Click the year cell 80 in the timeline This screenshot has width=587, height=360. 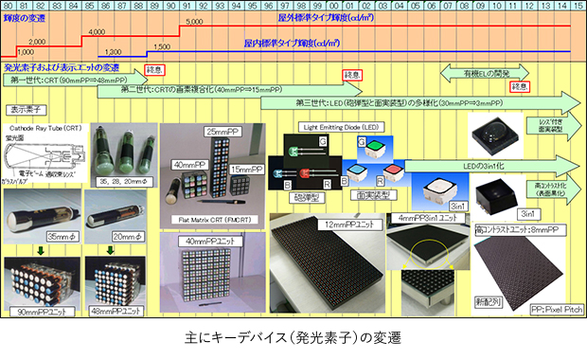coord(8,6)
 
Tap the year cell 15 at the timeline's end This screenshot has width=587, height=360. coord(578,6)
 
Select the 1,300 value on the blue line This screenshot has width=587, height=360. coord(111,52)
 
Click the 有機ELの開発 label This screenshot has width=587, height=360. coord(485,73)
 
